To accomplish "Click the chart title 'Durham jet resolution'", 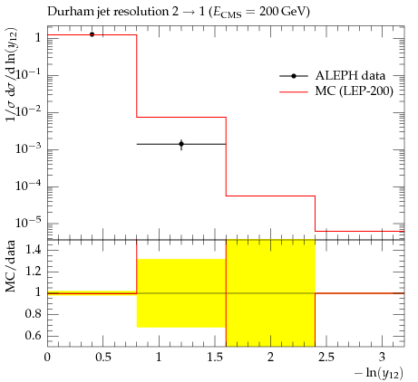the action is pyautogui.click(x=107, y=12).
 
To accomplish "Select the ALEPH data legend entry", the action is pyautogui.click(x=333, y=76).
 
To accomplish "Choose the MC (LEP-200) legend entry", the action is pyautogui.click(x=336, y=91).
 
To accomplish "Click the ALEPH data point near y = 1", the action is pyautogui.click(x=92, y=34).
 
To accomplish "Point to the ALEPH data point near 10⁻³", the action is pyautogui.click(x=181, y=144).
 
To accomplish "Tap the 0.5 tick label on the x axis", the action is pyautogui.click(x=103, y=358).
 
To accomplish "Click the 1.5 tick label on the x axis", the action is pyautogui.click(x=215, y=358).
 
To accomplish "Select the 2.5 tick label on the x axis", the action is pyautogui.click(x=326, y=358).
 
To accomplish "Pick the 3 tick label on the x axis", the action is pyautogui.click(x=383, y=358).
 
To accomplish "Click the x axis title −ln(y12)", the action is pyautogui.click(x=379, y=373).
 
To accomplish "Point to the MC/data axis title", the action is pyautogui.click(x=11, y=266).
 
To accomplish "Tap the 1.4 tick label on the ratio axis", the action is pyautogui.click(x=33, y=250).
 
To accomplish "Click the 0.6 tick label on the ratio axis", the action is pyautogui.click(x=33, y=336).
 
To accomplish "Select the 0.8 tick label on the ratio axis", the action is pyautogui.click(x=33, y=314).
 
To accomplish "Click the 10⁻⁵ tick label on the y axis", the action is pyautogui.click(x=29, y=223).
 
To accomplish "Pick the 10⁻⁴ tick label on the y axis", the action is pyautogui.click(x=29, y=186).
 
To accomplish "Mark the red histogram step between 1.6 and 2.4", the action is pyautogui.click(x=270, y=196).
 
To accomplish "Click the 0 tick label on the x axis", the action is pyautogui.click(x=47, y=358).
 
